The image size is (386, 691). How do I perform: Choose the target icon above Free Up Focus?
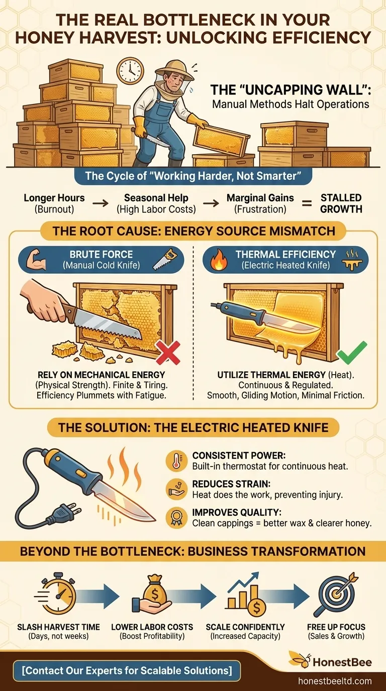click(336, 595)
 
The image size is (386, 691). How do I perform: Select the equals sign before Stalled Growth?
click(308, 203)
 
